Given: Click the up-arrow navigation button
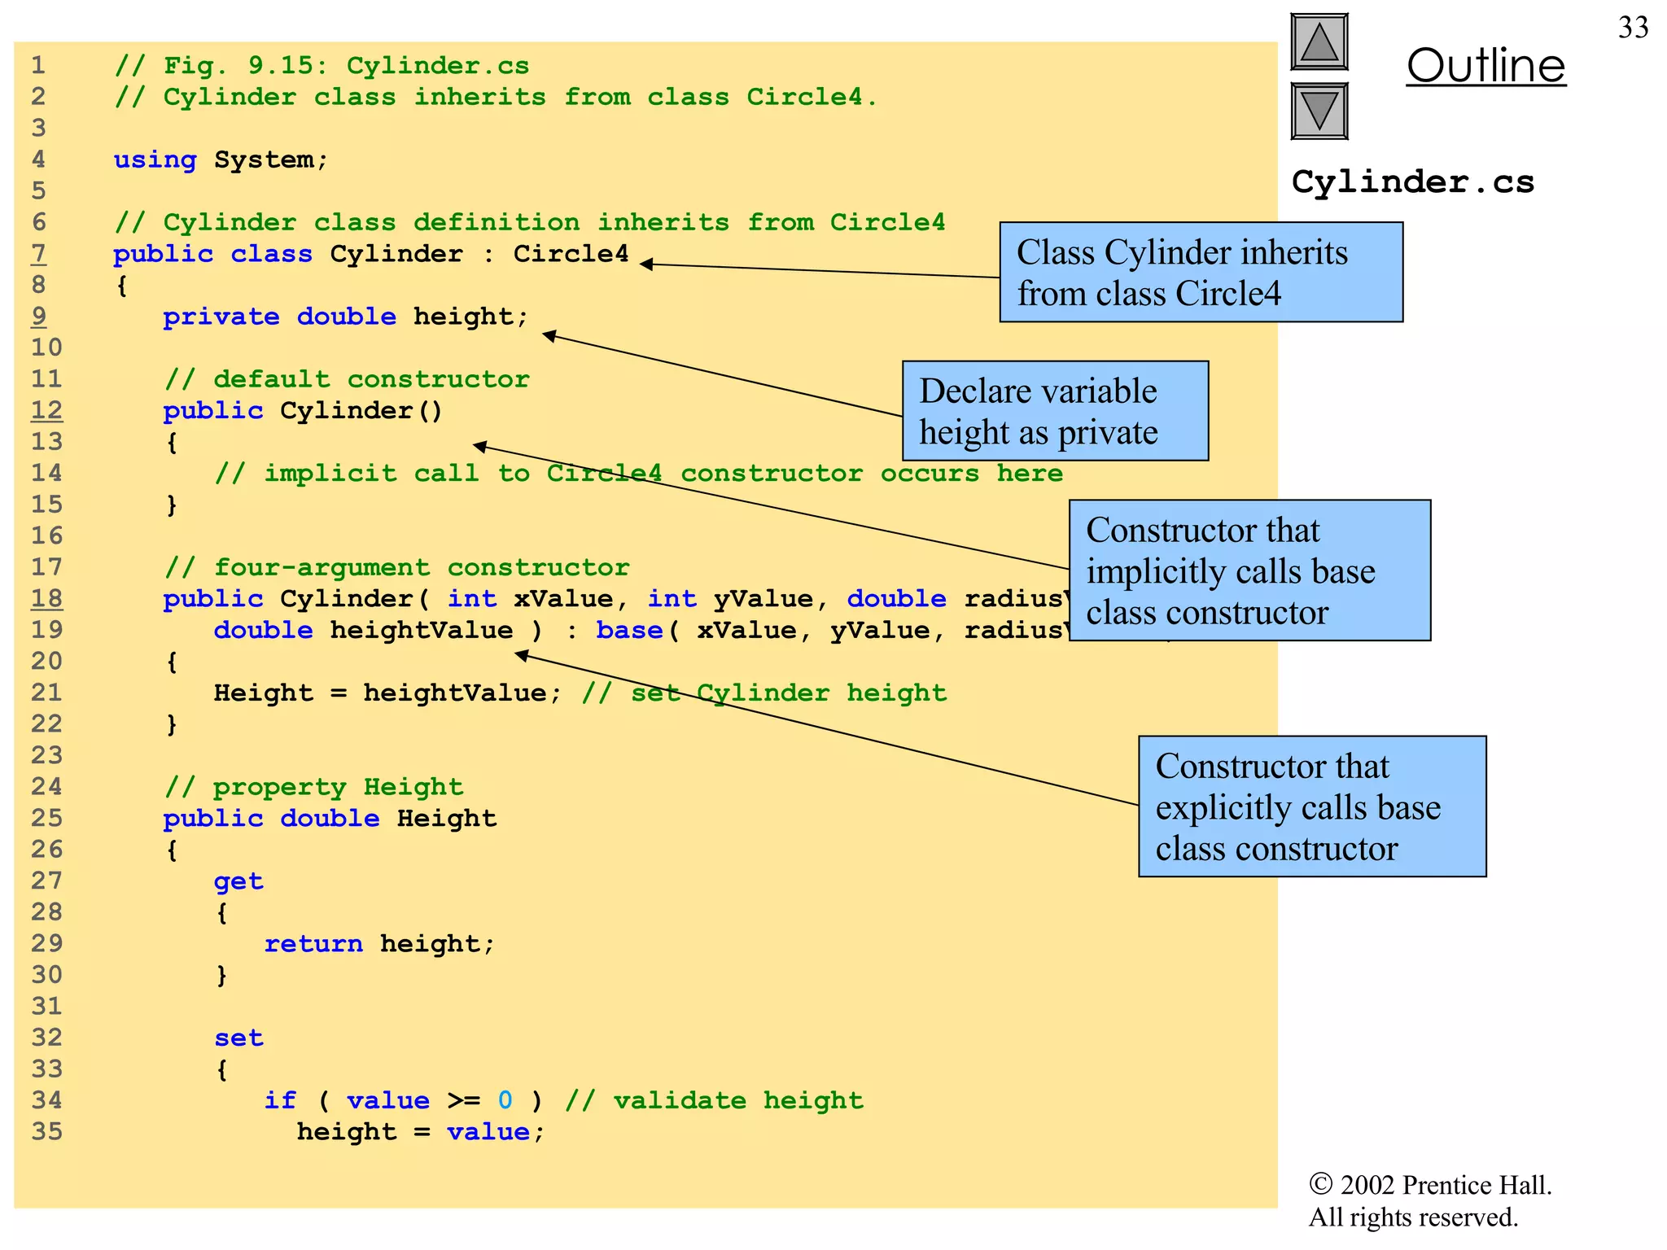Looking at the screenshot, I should pyautogui.click(x=1319, y=42).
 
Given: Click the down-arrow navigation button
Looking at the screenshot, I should pyautogui.click(x=1319, y=111).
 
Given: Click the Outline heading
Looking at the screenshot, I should pyautogui.click(x=1485, y=66).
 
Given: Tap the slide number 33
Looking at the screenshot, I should pyautogui.click(x=1633, y=28).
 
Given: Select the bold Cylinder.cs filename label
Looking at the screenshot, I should pyautogui.click(x=1412, y=181).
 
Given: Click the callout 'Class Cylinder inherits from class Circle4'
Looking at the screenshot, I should pyautogui.click(x=1201, y=273).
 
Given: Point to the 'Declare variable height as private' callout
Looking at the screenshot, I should pyautogui.click(x=1055, y=411).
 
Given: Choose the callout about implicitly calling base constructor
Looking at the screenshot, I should pyautogui.click(x=1249, y=570).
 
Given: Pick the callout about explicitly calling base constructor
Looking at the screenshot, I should pyautogui.click(x=1312, y=806).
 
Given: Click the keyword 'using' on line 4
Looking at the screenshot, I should pyautogui.click(x=155, y=160).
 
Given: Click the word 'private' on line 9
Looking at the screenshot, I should pyautogui.click(x=221, y=317).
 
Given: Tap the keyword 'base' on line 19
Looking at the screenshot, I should pyautogui.click(x=629, y=631).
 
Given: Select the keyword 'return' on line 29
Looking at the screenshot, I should pyautogui.click(x=313, y=944).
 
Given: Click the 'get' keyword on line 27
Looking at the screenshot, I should pyautogui.click(x=238, y=881).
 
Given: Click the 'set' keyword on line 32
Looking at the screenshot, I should pyautogui.click(x=238, y=1038).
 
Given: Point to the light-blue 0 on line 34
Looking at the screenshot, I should pyautogui.click(x=505, y=1100).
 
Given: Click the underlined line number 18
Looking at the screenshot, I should pyautogui.click(x=46, y=599).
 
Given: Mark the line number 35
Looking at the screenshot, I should pyautogui.click(x=46, y=1132).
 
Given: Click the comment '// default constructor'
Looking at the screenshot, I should pyautogui.click(x=347, y=379).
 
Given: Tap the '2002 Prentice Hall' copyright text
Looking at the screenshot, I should pyautogui.click(x=1430, y=1185).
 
